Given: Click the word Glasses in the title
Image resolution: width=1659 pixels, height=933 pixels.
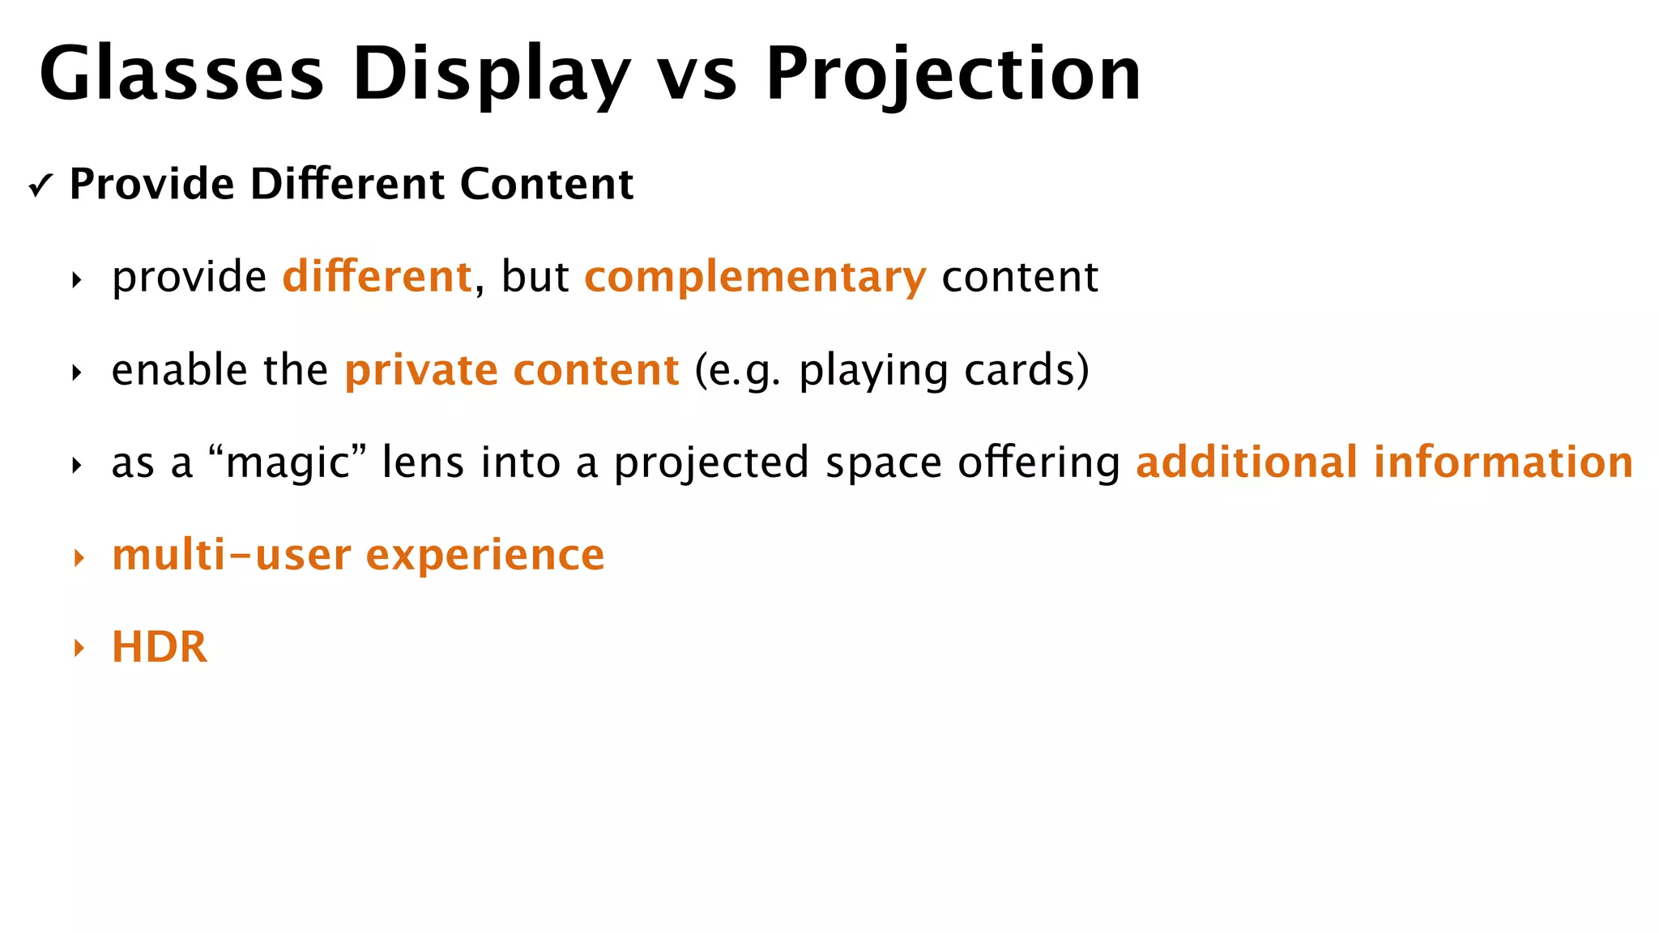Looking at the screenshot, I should pos(181,75).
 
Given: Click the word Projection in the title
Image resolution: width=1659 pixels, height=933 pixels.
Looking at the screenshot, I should pos(953,75).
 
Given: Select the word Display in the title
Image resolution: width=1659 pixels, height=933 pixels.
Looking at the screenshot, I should pos(490,75).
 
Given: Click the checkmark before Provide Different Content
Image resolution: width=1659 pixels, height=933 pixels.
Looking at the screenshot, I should pos(40,186).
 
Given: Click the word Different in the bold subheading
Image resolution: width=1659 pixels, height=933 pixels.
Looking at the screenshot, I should pos(347,184).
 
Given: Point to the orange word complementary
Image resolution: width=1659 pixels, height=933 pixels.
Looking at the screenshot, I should pos(755,278).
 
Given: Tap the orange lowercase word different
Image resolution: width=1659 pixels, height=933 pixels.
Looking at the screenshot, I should pos(377,277).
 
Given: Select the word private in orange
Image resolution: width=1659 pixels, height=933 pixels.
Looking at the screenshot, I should pos(421,371).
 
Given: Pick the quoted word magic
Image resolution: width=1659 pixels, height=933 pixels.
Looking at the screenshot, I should pos(288,463).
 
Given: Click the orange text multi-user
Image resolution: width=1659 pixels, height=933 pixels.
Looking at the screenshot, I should pos(231,556).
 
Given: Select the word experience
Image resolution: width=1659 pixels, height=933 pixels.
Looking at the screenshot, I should pos(485,557).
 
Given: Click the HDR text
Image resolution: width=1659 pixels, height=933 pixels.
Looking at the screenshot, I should pos(160,648).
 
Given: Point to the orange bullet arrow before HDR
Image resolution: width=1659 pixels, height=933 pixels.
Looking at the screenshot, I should pos(79,648).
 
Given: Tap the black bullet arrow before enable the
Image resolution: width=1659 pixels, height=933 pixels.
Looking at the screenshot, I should pos(77,373).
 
